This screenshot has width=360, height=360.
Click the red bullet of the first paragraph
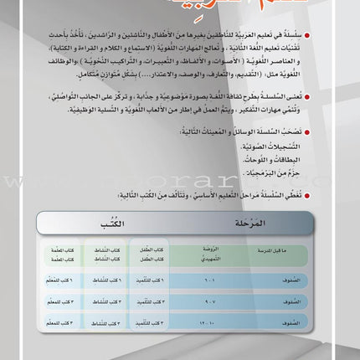(x=334, y=37)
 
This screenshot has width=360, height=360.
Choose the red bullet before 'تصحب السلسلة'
(x=334, y=131)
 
